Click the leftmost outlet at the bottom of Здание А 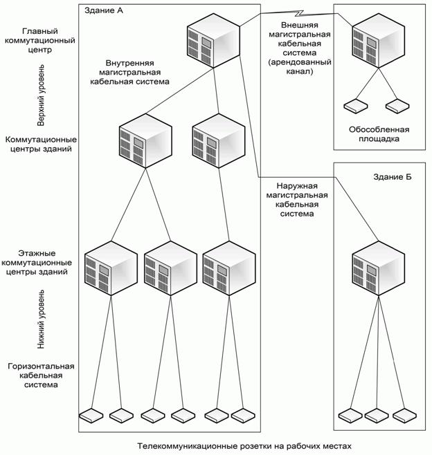pos(91,415)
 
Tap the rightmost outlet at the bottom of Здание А pos(244,415)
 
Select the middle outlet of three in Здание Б pos(377,415)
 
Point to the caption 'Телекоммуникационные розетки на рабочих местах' pos(244,446)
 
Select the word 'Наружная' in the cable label pos(296,185)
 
